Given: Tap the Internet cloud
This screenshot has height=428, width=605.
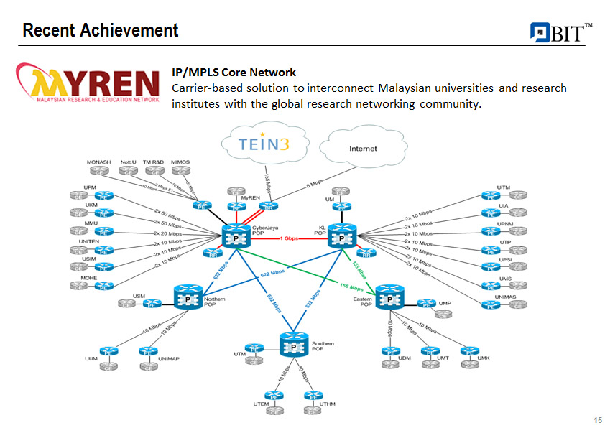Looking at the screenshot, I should (x=362, y=149).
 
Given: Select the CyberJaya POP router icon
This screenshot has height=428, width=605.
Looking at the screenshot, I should (x=235, y=238).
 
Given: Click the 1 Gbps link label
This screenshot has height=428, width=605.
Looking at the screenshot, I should (x=289, y=238).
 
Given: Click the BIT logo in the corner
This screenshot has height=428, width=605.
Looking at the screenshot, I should (x=560, y=32).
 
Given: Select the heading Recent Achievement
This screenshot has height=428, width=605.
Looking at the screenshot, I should (x=100, y=30).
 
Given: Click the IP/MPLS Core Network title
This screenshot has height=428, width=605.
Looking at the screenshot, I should (x=234, y=73).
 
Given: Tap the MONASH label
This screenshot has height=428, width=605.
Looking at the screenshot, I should (x=98, y=162).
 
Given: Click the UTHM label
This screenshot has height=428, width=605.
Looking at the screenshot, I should (x=327, y=404).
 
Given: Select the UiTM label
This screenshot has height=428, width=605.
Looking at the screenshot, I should (x=504, y=187).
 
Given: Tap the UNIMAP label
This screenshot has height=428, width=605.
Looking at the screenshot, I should (x=168, y=358).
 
